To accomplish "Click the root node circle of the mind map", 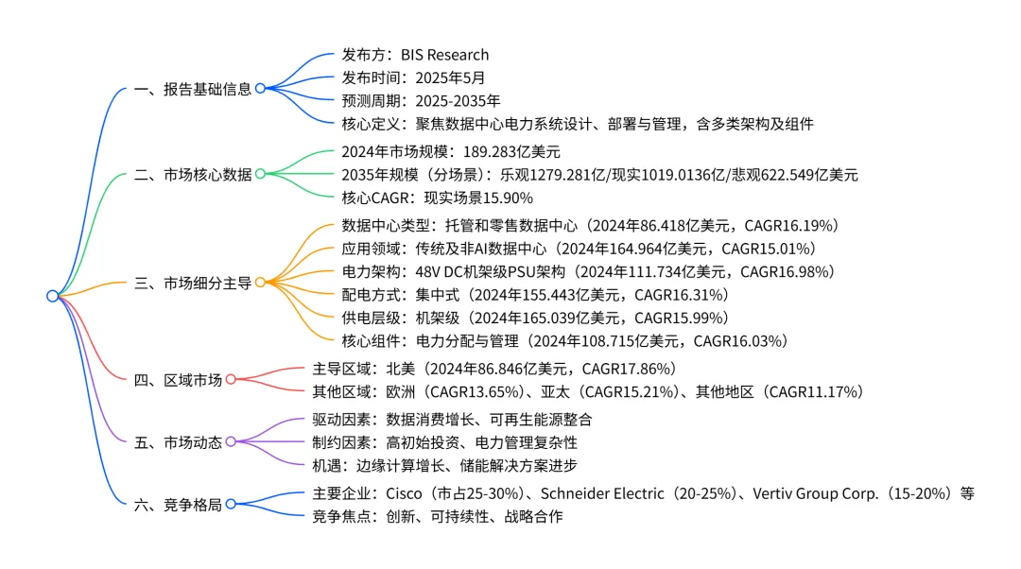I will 52,296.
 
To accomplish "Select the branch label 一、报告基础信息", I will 193,89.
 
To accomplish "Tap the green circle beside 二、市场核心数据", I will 260,174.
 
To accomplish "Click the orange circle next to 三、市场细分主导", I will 260,282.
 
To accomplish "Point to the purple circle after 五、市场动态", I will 230,441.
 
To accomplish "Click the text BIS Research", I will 444,55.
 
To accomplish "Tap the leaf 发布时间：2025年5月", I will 413,78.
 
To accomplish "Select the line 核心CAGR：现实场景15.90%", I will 437,198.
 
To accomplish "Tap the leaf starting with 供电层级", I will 535,318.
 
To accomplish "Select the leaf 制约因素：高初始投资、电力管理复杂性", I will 444,441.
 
